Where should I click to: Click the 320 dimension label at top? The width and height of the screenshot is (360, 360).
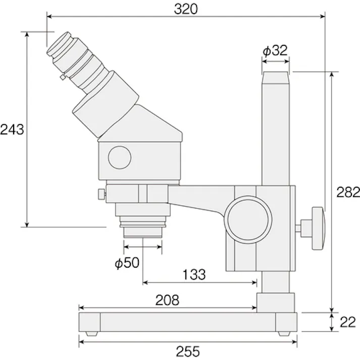(x=186, y=9)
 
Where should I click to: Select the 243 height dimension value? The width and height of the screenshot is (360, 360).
(x=12, y=129)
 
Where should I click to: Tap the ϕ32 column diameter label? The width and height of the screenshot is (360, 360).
(x=275, y=50)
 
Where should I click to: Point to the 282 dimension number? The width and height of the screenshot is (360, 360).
(x=348, y=192)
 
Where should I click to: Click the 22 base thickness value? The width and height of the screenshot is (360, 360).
(x=347, y=322)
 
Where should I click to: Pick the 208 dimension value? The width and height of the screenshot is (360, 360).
(x=167, y=300)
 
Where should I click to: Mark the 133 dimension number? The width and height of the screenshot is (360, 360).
(x=194, y=274)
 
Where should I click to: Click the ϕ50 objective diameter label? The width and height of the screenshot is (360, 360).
(x=126, y=263)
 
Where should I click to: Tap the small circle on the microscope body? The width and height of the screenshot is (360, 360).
(x=120, y=157)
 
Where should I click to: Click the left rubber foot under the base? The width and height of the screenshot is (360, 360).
(x=91, y=333)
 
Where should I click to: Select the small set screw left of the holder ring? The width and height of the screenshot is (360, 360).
(x=101, y=193)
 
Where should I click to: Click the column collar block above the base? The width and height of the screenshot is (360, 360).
(x=275, y=301)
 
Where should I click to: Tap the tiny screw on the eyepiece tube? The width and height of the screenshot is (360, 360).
(x=62, y=77)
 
